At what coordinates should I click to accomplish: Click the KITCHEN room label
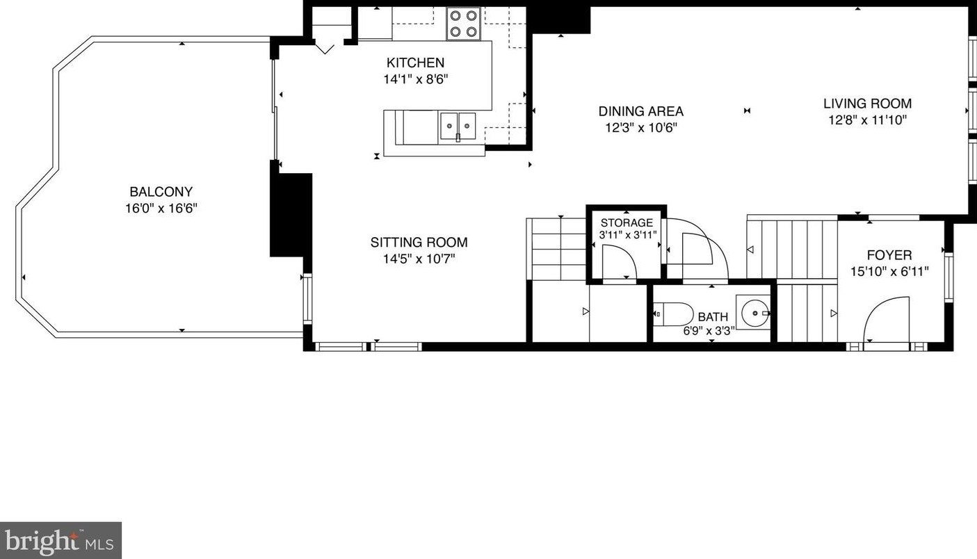coord(415,63)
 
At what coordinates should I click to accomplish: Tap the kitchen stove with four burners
coord(463,23)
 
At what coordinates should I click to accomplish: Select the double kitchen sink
coord(457,127)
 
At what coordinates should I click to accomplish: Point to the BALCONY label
coord(161,192)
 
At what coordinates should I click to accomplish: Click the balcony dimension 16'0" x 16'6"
coord(161,208)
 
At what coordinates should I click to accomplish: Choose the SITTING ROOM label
coord(419,243)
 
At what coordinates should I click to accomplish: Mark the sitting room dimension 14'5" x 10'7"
coord(419,259)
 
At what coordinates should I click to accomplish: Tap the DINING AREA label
coord(640,111)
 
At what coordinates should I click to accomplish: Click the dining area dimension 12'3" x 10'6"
coord(640,128)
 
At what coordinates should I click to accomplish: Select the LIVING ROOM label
coord(867,104)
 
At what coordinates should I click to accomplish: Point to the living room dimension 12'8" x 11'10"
coord(867,120)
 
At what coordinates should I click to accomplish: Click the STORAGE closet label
coord(627,223)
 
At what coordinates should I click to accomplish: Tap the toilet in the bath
coord(673,314)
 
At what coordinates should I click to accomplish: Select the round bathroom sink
coord(754,314)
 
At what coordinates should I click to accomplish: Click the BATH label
coord(713,317)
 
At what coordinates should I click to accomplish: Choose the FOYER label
coord(889,255)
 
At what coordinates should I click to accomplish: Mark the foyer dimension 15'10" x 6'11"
coord(889,272)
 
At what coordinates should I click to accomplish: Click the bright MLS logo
coord(60,540)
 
